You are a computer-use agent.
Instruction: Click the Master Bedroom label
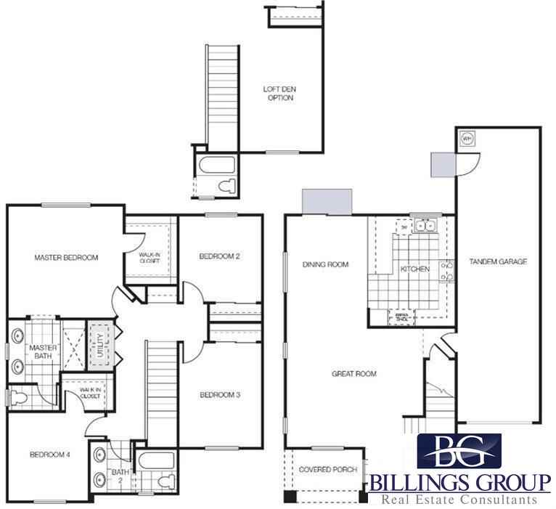click(x=66, y=257)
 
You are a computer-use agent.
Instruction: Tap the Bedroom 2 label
click(x=220, y=256)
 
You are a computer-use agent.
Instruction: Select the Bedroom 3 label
click(x=220, y=394)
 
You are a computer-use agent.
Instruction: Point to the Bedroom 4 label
click(x=49, y=455)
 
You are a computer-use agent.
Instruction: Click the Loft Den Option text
click(x=279, y=94)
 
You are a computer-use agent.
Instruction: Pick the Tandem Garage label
click(x=498, y=261)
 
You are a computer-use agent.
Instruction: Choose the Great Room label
click(x=354, y=375)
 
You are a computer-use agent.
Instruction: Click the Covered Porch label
click(x=328, y=470)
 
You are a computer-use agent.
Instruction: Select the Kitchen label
click(x=415, y=269)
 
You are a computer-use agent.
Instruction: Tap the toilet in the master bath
click(x=20, y=396)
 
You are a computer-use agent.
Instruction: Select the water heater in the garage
click(x=467, y=138)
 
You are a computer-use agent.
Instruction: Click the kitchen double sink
click(x=424, y=227)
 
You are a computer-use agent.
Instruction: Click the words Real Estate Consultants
click(x=459, y=500)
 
